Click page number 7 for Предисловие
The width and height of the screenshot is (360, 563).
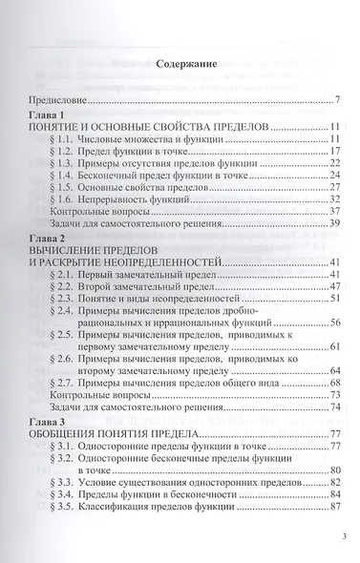click(x=339, y=98)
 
